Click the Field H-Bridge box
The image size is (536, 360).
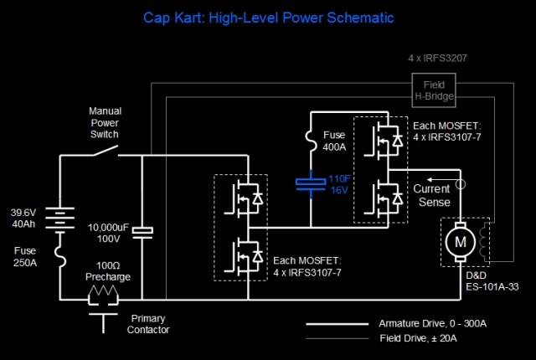(x=434, y=90)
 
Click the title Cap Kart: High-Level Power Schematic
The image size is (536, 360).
(x=268, y=17)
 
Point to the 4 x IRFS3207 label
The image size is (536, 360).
(x=437, y=59)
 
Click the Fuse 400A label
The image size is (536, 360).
(x=334, y=141)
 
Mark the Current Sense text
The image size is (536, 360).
(x=433, y=196)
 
